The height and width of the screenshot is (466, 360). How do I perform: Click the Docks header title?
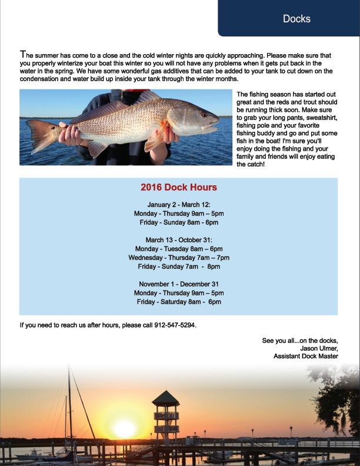point(296,19)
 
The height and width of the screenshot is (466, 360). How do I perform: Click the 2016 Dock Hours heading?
point(179,187)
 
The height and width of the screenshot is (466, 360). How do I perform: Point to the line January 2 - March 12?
point(179,204)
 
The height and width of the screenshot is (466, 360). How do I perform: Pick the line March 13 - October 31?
point(179,240)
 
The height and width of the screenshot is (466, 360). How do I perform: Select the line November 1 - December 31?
point(179,284)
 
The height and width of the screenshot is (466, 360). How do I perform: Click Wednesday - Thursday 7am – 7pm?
point(179,258)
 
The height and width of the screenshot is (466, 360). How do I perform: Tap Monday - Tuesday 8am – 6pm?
point(179,249)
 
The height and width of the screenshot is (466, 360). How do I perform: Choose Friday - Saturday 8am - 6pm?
point(179,302)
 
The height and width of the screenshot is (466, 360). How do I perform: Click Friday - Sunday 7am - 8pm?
point(179,267)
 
